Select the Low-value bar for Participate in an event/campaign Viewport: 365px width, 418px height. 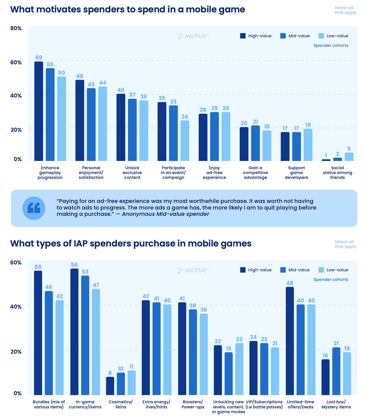click(x=185, y=141)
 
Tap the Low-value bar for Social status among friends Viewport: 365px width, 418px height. click(x=349, y=157)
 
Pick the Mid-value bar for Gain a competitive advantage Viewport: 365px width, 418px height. click(x=255, y=143)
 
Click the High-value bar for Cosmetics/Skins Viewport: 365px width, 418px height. click(x=110, y=386)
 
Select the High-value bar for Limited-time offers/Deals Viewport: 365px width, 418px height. click(x=290, y=341)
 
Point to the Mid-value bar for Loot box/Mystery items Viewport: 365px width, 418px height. click(x=336, y=371)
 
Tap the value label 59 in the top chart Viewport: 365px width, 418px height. click(x=39, y=58)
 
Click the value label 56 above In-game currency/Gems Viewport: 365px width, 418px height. click(x=74, y=265)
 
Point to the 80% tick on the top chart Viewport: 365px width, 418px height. click(x=16, y=28)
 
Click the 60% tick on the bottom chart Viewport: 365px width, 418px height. click(x=16, y=262)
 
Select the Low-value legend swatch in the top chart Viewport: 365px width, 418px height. click(x=321, y=36)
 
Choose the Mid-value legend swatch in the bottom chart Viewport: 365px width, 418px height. click(x=283, y=270)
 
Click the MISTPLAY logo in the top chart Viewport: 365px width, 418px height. click(x=193, y=36)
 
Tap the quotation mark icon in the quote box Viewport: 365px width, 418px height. click(x=34, y=208)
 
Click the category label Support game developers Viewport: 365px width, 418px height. click(x=296, y=173)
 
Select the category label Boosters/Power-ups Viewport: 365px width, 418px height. click(x=193, y=404)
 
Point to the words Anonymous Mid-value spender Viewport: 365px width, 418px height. click(x=165, y=214)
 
